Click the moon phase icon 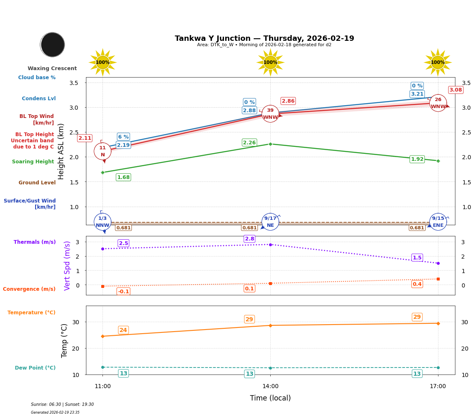point(52,45)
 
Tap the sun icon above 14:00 point(270,62)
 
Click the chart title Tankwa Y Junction point(264,38)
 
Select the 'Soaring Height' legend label point(33,162)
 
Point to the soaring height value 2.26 point(249,143)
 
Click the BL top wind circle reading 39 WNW point(270,114)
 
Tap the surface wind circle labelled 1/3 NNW point(102,222)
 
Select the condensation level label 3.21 point(417,94)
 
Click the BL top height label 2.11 point(85,138)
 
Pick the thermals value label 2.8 point(250,239)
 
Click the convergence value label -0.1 point(123,292)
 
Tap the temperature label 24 point(123,330)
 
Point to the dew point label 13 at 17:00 point(417,374)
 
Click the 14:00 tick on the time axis point(270,386)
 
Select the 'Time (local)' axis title point(270,398)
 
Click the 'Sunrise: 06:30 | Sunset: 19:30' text point(62,405)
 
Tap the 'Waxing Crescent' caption point(52,68)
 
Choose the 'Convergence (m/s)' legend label point(29,289)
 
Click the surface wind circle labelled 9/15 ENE point(438,222)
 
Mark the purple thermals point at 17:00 point(438,263)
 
